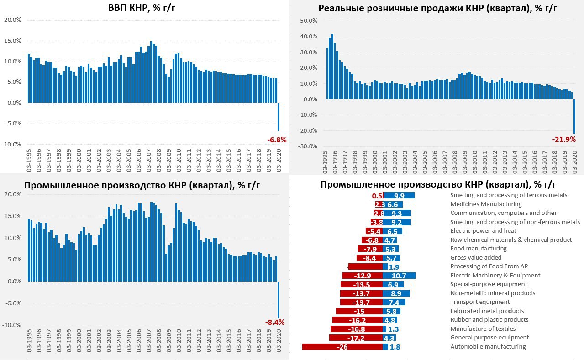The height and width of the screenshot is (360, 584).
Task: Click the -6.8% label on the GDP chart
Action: click(277, 140)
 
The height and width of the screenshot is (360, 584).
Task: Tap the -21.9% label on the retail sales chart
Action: click(564, 140)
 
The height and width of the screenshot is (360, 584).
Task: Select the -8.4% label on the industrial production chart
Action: click(275, 322)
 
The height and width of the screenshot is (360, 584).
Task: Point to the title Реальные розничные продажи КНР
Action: click(438, 8)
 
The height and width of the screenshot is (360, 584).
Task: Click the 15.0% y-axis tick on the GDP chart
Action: click(12, 41)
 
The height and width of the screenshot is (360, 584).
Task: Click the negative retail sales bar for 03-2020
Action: click(574, 116)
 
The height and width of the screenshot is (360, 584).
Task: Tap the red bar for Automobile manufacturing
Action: click(342, 347)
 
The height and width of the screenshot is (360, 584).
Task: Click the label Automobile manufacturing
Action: click(488, 347)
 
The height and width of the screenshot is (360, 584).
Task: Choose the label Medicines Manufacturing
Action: click(486, 204)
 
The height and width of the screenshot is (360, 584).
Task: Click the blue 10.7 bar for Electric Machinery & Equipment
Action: click(399, 276)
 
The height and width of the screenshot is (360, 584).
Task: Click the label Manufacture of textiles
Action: click(483, 329)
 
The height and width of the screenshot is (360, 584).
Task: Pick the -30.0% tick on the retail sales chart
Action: click(307, 146)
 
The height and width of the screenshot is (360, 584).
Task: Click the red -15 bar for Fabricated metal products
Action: click(359, 311)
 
